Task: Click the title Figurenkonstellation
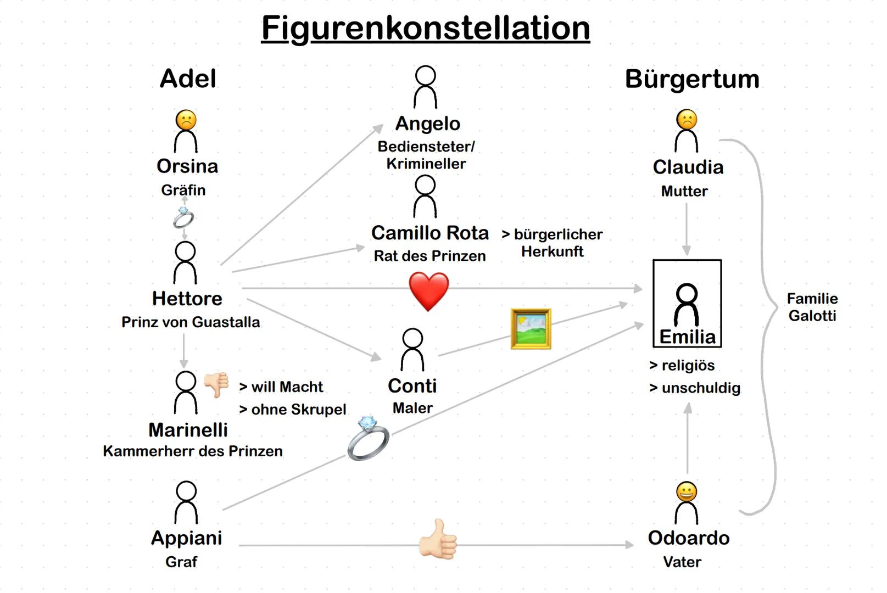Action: [425, 28]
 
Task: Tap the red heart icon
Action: [428, 292]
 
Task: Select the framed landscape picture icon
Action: [531, 329]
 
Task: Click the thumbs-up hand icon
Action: [438, 540]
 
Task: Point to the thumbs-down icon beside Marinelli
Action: [216, 384]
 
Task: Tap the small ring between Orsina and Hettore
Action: [183, 218]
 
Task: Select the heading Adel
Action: [188, 79]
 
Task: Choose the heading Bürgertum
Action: [692, 79]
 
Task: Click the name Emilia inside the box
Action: [687, 337]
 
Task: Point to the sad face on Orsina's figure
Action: [186, 120]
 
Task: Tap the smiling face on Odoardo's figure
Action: [687, 493]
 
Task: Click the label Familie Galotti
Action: [812, 307]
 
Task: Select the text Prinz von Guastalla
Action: [191, 322]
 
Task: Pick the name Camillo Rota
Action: [429, 233]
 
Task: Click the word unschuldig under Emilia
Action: [700, 388]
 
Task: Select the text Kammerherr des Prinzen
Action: [193, 451]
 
